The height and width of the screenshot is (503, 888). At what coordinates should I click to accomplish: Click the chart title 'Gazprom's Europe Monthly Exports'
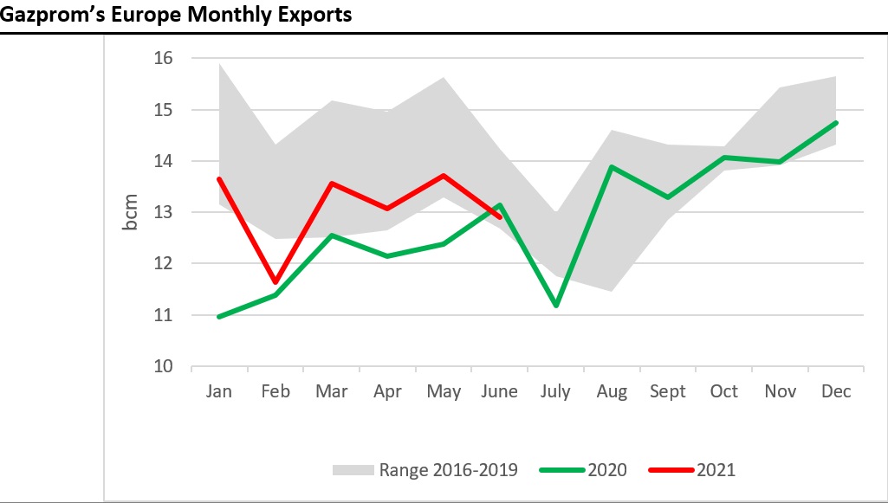click(x=178, y=15)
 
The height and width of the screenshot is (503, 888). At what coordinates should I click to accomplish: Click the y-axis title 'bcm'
click(x=130, y=212)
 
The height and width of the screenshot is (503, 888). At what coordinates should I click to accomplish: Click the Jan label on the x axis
click(x=219, y=391)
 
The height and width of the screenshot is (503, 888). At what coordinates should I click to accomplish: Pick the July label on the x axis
click(x=555, y=391)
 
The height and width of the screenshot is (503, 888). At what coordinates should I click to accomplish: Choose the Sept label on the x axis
click(x=667, y=391)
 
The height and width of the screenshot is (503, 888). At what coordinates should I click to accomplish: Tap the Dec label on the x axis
click(x=835, y=391)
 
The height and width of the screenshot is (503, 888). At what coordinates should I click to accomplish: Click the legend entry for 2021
click(x=692, y=470)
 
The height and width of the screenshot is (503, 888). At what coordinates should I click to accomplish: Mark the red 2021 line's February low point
click(x=275, y=282)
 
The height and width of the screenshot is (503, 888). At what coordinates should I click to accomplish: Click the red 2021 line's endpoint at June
click(x=500, y=217)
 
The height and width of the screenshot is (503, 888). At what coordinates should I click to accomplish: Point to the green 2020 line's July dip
click(x=555, y=306)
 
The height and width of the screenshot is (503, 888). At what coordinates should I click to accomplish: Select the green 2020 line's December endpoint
click(x=835, y=123)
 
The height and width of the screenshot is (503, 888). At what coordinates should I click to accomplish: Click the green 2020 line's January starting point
click(x=219, y=317)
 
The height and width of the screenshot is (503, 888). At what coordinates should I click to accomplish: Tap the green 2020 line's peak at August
click(x=612, y=167)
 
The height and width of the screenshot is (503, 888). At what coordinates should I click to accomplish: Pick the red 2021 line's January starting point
click(x=219, y=179)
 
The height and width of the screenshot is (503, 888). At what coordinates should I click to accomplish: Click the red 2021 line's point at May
click(x=444, y=176)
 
